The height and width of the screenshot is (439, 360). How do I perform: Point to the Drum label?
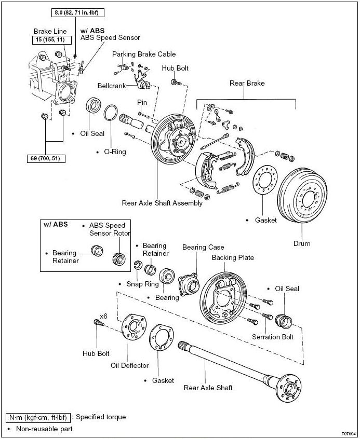tap(301, 243)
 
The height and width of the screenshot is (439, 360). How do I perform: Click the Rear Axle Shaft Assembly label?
tap(162, 203)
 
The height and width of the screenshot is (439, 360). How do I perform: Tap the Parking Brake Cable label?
tap(144, 54)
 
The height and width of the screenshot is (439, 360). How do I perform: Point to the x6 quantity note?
tap(103, 316)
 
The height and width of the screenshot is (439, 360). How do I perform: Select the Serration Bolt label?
tap(273, 337)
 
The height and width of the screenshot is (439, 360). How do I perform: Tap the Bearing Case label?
tap(203, 248)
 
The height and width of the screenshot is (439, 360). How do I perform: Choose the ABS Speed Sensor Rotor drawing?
tap(121, 258)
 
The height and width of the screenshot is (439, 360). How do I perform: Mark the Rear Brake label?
tap(247, 83)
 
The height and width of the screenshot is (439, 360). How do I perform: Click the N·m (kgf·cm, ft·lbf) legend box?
tap(37, 417)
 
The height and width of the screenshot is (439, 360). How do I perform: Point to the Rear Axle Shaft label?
tap(208, 387)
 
